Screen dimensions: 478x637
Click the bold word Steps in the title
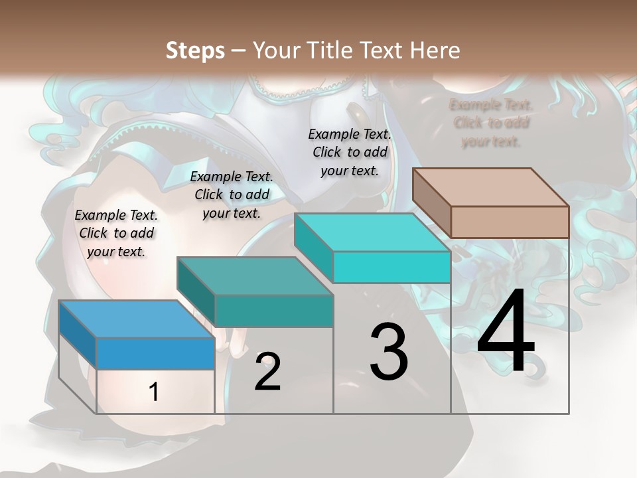195,50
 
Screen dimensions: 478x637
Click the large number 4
506,333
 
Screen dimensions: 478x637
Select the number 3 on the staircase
389,353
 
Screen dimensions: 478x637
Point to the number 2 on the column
268,372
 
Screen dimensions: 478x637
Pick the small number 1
154,392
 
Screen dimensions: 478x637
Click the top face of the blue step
136,319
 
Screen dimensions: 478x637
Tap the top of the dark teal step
254,276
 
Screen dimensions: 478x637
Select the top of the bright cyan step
372,232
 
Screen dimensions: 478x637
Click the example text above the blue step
116,233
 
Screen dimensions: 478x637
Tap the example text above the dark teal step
232,195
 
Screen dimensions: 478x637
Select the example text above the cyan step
350,152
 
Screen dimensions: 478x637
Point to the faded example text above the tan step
491,123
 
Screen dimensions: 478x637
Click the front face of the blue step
155,353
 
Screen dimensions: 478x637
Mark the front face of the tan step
510,222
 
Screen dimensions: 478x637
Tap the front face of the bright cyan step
391,267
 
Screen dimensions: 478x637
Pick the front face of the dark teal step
273,311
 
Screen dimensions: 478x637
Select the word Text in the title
381,50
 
